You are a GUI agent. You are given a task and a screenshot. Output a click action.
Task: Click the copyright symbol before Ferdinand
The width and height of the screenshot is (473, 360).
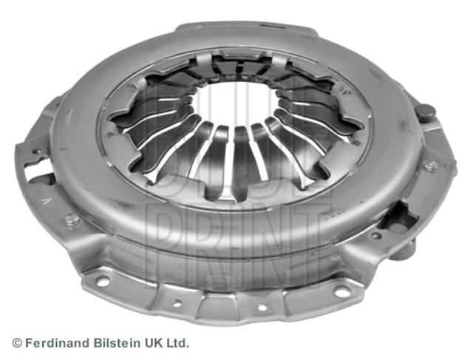(x=17, y=344)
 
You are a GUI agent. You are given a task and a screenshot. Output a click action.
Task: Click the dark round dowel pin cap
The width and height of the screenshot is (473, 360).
(x=426, y=112)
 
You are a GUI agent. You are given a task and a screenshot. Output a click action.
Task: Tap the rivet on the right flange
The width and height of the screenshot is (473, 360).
(x=432, y=166)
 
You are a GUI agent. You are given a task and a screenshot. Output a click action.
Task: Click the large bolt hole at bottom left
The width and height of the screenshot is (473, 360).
(x=103, y=282)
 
